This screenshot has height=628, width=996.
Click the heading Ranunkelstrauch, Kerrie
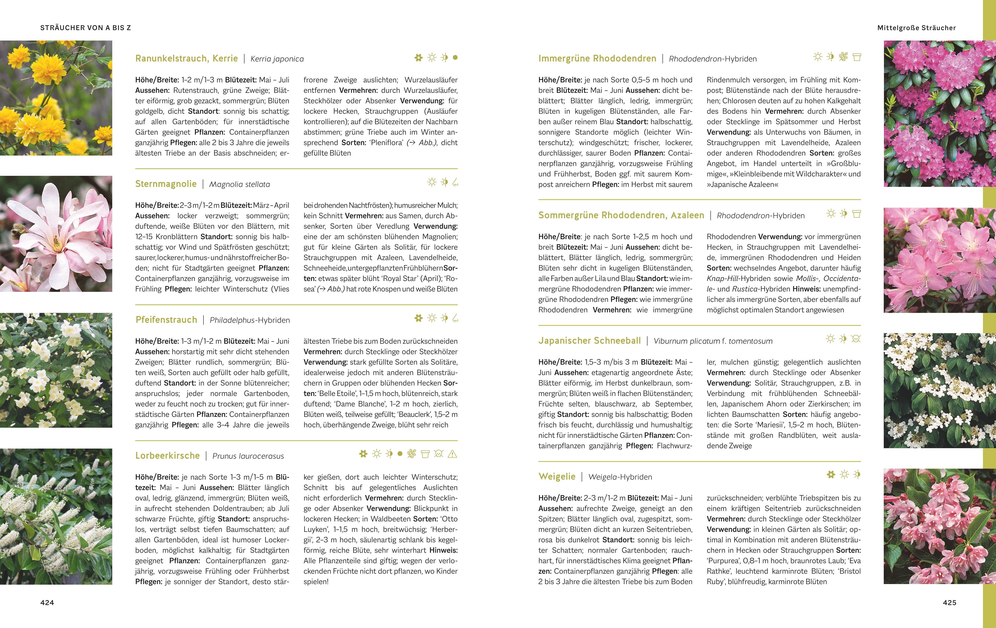point(187,58)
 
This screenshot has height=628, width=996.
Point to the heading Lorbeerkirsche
point(167,456)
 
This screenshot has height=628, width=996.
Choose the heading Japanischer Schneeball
point(589,341)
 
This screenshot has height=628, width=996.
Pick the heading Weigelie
point(557,476)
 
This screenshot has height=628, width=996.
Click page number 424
point(47,603)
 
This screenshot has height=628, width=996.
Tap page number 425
point(949,603)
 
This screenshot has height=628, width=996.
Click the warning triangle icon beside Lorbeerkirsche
point(452,454)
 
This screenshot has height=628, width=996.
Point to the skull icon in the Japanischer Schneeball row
point(856,339)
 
